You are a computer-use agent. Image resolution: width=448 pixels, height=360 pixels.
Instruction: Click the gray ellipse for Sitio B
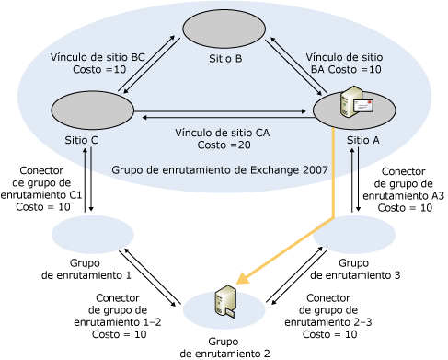tap(224, 29)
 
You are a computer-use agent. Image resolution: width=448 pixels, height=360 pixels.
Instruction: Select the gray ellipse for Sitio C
tap(93, 110)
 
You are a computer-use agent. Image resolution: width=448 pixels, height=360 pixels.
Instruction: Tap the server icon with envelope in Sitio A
tap(357, 101)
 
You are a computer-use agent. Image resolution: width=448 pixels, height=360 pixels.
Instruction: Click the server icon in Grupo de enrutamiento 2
tap(225, 302)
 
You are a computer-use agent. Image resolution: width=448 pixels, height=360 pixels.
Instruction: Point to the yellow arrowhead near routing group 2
tap(244, 278)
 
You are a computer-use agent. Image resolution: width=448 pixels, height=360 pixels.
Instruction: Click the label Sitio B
tap(225, 59)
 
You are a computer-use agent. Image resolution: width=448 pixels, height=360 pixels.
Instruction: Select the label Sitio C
tap(81, 140)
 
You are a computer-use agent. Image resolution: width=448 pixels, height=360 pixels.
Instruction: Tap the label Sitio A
tap(363, 140)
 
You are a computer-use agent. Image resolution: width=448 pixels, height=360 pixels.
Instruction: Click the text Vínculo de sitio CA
tap(223, 133)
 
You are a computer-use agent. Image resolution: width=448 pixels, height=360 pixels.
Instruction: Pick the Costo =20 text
tap(224, 145)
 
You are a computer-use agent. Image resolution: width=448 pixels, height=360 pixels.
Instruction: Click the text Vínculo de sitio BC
tap(98, 57)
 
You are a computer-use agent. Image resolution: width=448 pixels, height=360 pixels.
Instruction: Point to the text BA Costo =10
tap(346, 69)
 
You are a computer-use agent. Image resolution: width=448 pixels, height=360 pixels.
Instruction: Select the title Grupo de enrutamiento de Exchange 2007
tap(220, 169)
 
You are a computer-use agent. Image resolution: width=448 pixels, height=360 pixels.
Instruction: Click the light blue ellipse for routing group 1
tap(93, 235)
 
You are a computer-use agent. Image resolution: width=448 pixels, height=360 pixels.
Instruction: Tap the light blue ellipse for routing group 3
tap(354, 235)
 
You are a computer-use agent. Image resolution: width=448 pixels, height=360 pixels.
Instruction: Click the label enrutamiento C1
tap(41, 194)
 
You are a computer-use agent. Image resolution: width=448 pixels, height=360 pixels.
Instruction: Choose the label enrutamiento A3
tap(404, 195)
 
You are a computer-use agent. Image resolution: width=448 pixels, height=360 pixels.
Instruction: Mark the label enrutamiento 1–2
tap(118, 322)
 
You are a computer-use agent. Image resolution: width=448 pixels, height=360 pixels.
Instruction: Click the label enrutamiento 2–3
tap(328, 322)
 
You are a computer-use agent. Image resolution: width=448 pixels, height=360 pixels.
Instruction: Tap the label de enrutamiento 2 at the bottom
tap(224, 354)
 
